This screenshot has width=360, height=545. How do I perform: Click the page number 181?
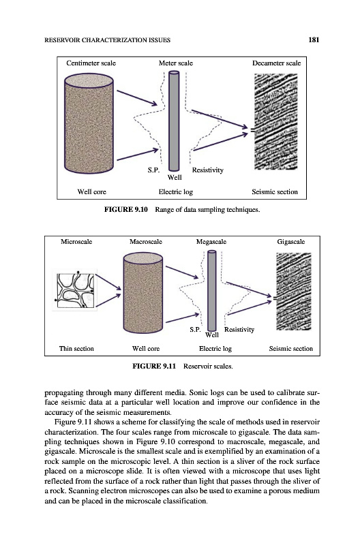point(314,40)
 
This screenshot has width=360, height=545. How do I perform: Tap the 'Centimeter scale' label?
point(91,63)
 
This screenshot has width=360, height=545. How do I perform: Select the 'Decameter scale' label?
point(277,63)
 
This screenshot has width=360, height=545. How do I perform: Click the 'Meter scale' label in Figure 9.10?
point(176,63)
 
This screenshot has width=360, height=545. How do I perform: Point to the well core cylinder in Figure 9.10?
point(89,123)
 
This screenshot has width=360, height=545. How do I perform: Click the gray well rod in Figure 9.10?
point(174,121)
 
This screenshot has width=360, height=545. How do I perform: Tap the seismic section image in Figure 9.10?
point(276,122)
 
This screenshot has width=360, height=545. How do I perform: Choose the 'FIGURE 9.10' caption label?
point(126,210)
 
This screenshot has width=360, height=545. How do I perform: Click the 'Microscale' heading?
point(76,242)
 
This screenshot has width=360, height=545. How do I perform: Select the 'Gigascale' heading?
point(290,242)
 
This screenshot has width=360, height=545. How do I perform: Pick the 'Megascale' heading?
point(211,242)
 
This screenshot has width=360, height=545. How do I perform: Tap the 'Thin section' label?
point(76,349)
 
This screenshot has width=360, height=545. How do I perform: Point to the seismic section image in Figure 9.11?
point(294,292)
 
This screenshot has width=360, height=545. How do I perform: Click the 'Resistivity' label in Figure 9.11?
point(239,330)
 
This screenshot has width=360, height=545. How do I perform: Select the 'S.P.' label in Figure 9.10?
point(153,170)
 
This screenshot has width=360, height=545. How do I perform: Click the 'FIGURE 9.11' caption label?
point(154,366)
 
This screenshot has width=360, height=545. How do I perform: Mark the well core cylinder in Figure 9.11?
point(143,293)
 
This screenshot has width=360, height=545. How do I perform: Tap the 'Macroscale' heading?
point(146,242)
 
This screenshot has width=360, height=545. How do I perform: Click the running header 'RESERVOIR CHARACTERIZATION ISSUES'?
point(108,40)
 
